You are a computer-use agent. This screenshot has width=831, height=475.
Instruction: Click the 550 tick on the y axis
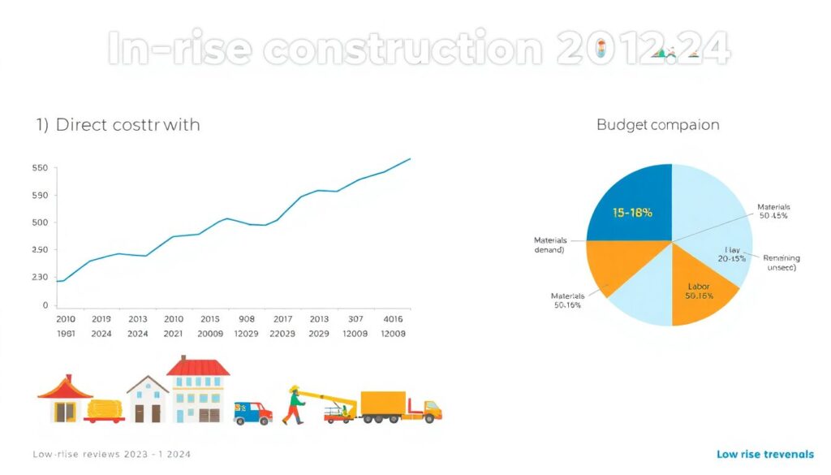tap(41, 168)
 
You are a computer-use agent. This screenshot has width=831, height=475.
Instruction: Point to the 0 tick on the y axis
tap(45, 305)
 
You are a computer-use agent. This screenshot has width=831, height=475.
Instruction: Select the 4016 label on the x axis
tap(393, 319)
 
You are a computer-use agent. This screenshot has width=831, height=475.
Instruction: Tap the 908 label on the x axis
tap(247, 319)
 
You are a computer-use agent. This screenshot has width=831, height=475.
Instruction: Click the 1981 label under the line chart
tap(67, 334)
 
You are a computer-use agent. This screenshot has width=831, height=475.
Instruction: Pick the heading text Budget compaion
tap(657, 125)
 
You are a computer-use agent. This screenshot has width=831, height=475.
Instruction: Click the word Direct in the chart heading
tap(85, 125)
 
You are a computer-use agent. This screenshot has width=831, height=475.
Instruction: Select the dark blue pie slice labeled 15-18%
tap(631, 208)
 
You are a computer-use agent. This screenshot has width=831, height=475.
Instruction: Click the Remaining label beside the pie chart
tap(781, 258)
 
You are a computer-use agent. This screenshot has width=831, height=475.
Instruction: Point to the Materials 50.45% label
tap(773, 211)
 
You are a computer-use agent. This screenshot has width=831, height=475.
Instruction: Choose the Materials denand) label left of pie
tap(549, 245)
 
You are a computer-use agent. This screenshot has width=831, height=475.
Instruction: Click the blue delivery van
tap(252, 412)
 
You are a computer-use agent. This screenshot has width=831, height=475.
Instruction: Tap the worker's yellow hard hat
tap(294, 389)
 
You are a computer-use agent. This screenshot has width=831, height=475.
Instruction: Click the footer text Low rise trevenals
tap(764, 454)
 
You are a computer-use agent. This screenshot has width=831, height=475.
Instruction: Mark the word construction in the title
tap(404, 50)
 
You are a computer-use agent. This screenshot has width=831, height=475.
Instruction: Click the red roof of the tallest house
tap(197, 368)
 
